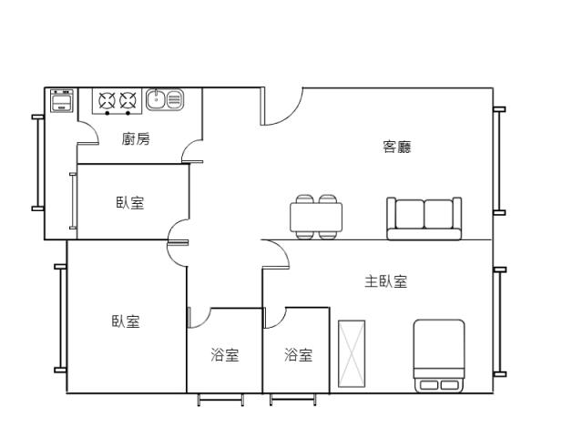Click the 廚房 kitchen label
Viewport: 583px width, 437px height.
click(136, 139)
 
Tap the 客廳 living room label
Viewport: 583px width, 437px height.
click(397, 147)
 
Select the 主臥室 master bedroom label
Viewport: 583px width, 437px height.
click(386, 281)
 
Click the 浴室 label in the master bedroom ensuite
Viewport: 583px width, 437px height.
click(298, 354)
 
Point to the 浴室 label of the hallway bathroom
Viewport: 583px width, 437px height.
click(225, 354)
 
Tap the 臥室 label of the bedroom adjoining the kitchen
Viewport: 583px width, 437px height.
click(130, 203)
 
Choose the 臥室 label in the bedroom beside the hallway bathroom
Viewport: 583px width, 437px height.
click(126, 321)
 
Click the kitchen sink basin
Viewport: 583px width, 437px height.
click(156, 99)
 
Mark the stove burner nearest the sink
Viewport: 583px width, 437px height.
click(128, 100)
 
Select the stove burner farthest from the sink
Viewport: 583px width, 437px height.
click(107, 100)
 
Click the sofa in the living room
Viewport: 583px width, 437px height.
click(424, 218)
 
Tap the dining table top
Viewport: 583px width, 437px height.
click(316, 218)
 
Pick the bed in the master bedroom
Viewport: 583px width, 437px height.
click(439, 356)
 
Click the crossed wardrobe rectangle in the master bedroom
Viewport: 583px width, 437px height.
click(352, 354)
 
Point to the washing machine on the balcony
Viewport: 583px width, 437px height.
click(62, 100)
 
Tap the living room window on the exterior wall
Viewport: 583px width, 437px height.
click(499, 161)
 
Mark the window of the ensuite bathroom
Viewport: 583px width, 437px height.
click(293, 399)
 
